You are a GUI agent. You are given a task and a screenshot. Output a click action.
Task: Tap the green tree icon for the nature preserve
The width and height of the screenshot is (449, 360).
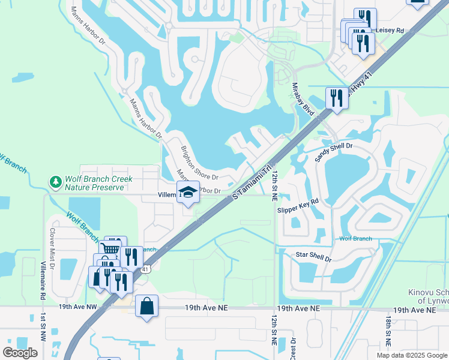pos(55,181)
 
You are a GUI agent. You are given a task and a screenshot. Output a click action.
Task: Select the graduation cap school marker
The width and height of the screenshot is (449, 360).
pos(188,192)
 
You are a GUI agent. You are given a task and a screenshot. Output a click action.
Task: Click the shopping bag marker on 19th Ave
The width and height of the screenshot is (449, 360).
pos(146,306)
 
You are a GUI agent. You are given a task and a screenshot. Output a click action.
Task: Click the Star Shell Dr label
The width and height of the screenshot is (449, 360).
pos(314,256)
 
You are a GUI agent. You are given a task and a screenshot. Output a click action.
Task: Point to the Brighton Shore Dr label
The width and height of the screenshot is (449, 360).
pos(199,161)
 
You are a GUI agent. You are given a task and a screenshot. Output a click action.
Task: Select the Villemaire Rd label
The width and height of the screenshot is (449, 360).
pos(43,280)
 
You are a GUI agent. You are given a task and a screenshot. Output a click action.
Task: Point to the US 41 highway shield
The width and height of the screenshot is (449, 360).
pos(145,271)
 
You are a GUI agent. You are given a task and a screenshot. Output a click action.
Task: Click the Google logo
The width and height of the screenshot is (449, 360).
pos(20,353)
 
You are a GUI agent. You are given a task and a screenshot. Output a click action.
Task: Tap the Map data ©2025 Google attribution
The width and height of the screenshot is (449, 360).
pos(411,355)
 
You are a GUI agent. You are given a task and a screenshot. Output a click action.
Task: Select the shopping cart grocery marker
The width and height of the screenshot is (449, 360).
pos(110,249)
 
